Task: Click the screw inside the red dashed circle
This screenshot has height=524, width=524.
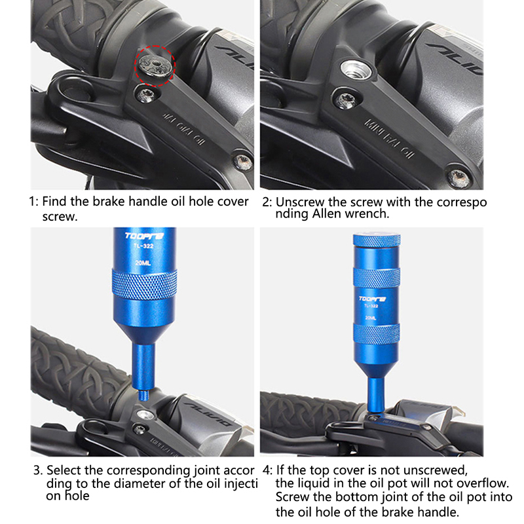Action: point(155,65)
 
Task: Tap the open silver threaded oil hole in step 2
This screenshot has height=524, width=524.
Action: point(356,69)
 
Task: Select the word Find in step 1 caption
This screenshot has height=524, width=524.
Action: point(55,202)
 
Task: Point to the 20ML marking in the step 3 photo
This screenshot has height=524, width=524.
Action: point(143,263)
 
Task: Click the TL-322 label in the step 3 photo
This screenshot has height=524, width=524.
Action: point(143,246)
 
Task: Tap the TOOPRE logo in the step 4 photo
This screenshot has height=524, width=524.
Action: point(372,299)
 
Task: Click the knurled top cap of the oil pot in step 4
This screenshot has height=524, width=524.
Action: point(377,240)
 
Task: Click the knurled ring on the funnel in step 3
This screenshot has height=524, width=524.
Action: point(144,285)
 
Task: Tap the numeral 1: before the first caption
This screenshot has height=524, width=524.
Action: point(34,202)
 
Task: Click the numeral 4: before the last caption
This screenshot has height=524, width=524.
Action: point(268,470)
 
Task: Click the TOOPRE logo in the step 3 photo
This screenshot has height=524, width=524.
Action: point(144,236)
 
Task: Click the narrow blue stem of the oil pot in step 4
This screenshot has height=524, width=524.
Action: point(376,394)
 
